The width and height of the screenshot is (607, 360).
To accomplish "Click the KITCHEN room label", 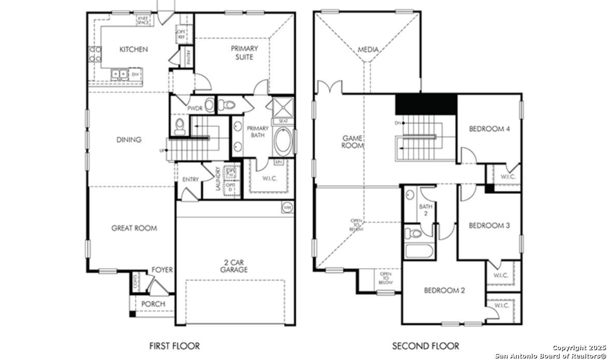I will (x=134, y=49).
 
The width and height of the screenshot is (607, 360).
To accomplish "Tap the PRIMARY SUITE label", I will (x=244, y=52).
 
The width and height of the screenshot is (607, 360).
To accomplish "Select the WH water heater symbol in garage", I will (x=287, y=207).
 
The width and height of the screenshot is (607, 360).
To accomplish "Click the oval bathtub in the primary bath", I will (x=283, y=141).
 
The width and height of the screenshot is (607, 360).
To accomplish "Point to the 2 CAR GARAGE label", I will (x=233, y=266).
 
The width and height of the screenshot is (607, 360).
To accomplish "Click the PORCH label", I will (x=153, y=304).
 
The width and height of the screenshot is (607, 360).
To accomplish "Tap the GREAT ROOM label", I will (x=134, y=228).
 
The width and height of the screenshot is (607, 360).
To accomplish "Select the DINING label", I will (x=129, y=140).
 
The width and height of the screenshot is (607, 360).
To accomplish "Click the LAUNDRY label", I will (x=218, y=179).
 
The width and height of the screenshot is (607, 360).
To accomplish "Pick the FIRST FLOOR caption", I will (x=174, y=345).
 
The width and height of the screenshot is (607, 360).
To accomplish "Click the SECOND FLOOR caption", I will (x=425, y=345).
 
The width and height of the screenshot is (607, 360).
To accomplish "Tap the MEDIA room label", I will (x=368, y=50).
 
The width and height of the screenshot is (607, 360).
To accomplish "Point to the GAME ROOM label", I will (x=352, y=142).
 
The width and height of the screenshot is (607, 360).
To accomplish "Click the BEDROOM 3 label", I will (x=489, y=225).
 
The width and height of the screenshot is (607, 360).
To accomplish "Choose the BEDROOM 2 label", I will (x=444, y=291).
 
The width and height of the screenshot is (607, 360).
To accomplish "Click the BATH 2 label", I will (x=425, y=210).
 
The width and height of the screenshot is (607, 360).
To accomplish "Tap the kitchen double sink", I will (x=120, y=75).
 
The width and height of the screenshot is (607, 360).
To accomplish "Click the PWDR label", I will (x=194, y=108).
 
